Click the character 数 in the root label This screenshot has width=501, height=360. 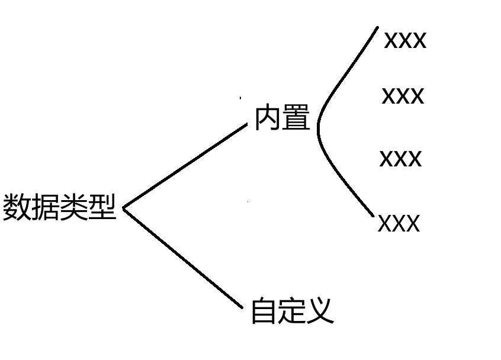click(x=17, y=207)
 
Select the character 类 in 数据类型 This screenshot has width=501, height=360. click(x=73, y=207)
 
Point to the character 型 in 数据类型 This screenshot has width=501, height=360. click(x=102, y=207)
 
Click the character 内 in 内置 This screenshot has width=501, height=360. click(x=268, y=118)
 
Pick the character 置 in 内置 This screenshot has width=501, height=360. click(x=297, y=118)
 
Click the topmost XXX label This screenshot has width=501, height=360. click(x=405, y=41)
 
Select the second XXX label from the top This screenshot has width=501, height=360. click(x=403, y=96)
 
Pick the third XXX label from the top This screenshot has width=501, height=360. click(x=400, y=159)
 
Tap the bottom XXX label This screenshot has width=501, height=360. click(x=399, y=224)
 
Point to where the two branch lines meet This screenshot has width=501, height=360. click(x=123, y=208)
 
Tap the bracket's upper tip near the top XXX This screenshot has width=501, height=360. click(x=377, y=27)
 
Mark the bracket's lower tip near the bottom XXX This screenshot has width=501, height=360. click(x=373, y=216)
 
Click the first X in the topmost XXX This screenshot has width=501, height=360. click(x=391, y=41)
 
